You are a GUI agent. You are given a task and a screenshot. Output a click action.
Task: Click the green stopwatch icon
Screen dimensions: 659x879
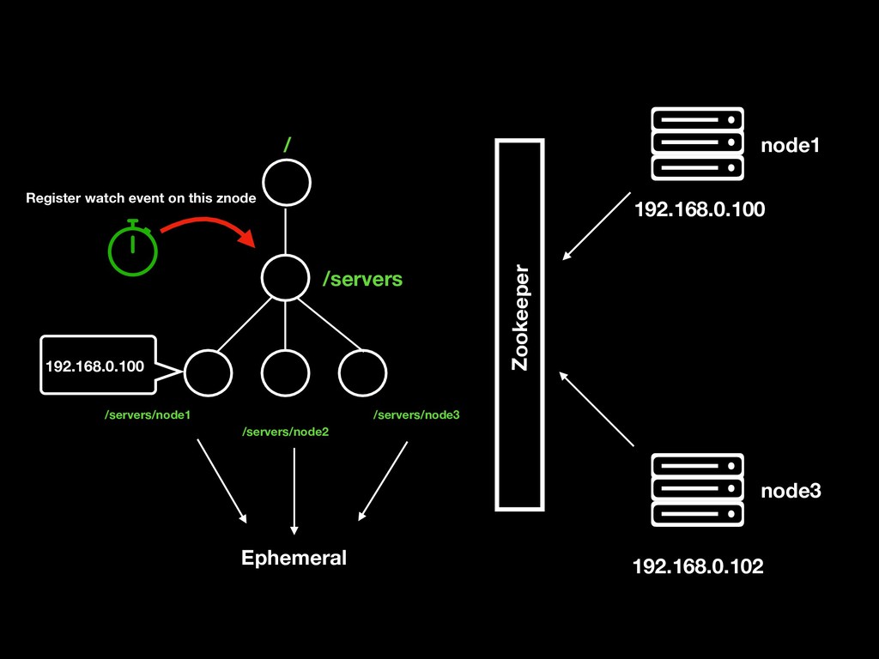point(133,250)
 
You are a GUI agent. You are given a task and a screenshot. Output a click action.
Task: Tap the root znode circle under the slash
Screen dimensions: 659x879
point(286,183)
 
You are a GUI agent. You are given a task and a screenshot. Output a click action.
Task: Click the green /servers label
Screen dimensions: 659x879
point(361,279)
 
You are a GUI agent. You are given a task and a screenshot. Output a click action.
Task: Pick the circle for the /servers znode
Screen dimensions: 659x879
point(285,277)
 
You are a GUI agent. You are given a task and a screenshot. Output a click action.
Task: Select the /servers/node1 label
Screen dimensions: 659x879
point(147,415)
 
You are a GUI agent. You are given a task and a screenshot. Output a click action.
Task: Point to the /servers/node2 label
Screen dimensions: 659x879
point(286,432)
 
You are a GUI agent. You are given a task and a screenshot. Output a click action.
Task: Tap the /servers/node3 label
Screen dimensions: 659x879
point(416,415)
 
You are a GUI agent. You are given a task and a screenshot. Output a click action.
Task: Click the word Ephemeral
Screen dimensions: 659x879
point(294,558)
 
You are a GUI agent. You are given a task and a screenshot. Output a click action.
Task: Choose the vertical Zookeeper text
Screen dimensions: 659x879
point(520,318)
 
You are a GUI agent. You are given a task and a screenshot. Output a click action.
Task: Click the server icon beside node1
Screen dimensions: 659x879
point(697,143)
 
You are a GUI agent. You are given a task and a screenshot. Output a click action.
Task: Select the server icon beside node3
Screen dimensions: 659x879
point(697,490)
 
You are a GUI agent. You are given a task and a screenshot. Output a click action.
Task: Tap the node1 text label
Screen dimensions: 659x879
point(790,147)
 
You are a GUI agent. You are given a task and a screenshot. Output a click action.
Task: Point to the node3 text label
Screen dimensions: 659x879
point(791,491)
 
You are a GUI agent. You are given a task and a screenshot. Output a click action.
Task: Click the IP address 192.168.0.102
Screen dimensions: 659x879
point(697,567)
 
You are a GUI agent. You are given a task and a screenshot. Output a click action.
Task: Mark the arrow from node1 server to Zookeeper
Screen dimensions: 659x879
point(596,225)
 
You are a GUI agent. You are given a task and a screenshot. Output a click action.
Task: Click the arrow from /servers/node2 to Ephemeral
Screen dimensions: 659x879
point(294,490)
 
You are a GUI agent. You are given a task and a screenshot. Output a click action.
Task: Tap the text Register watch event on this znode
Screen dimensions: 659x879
point(141,198)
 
